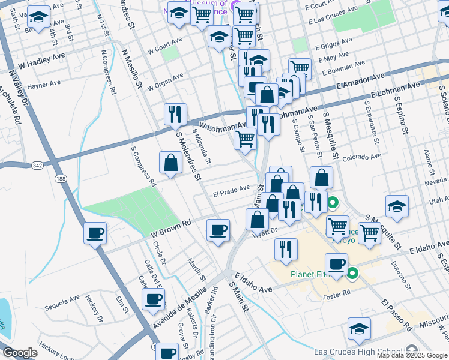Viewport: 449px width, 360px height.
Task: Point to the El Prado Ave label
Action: [231, 191]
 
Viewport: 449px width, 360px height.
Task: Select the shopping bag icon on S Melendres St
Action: [171, 162]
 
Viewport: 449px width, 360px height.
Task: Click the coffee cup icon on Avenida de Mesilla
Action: [154, 298]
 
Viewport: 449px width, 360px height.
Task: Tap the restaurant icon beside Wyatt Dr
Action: [286, 248]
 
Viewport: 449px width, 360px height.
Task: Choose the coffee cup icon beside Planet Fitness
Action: [336, 263]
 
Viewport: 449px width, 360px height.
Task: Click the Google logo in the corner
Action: [20, 353]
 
